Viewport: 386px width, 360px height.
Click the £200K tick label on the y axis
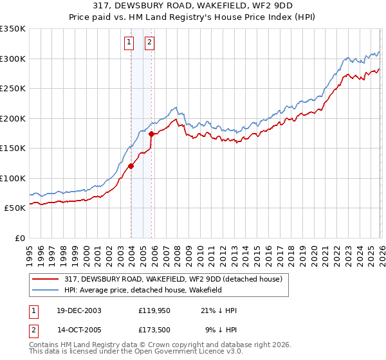pos(12,118)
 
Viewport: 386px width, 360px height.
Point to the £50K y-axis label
pos(14,208)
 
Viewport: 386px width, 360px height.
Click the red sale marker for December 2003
pos(131,166)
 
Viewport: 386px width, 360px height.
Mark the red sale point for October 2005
pos(152,134)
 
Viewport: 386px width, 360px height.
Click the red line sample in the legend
pos(46,279)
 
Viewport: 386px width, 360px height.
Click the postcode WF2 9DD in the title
pos(249,6)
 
